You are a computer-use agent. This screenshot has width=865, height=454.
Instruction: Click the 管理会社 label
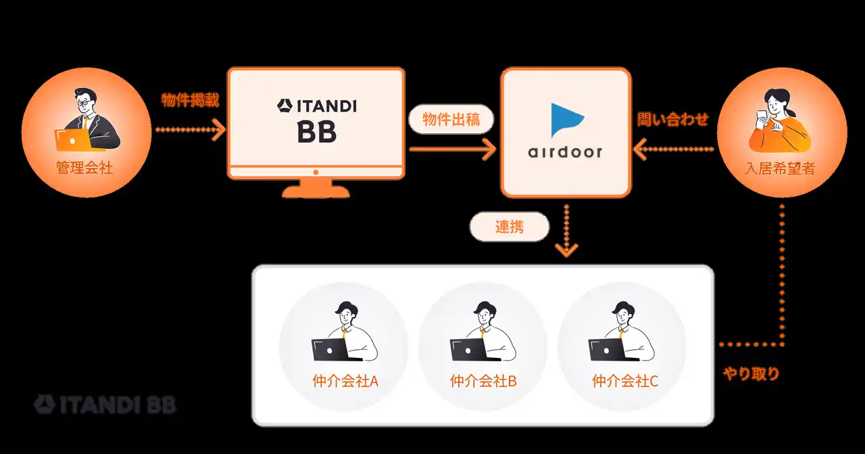84,168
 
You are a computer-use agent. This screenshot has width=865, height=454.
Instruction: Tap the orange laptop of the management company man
72,139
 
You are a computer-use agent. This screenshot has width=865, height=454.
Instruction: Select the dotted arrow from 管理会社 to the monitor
190,129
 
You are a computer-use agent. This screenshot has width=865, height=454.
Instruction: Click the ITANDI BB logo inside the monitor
316,120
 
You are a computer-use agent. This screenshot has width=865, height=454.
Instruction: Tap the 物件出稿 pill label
451,120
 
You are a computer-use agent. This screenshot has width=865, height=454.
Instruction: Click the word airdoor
565,152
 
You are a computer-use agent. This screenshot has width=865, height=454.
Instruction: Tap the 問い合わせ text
672,120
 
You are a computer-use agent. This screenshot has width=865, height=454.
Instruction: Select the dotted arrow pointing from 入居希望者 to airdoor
673,150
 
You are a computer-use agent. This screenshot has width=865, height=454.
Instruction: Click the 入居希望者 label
780,168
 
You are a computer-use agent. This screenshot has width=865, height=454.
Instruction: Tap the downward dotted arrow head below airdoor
566,250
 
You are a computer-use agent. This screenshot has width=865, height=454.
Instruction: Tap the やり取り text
751,373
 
